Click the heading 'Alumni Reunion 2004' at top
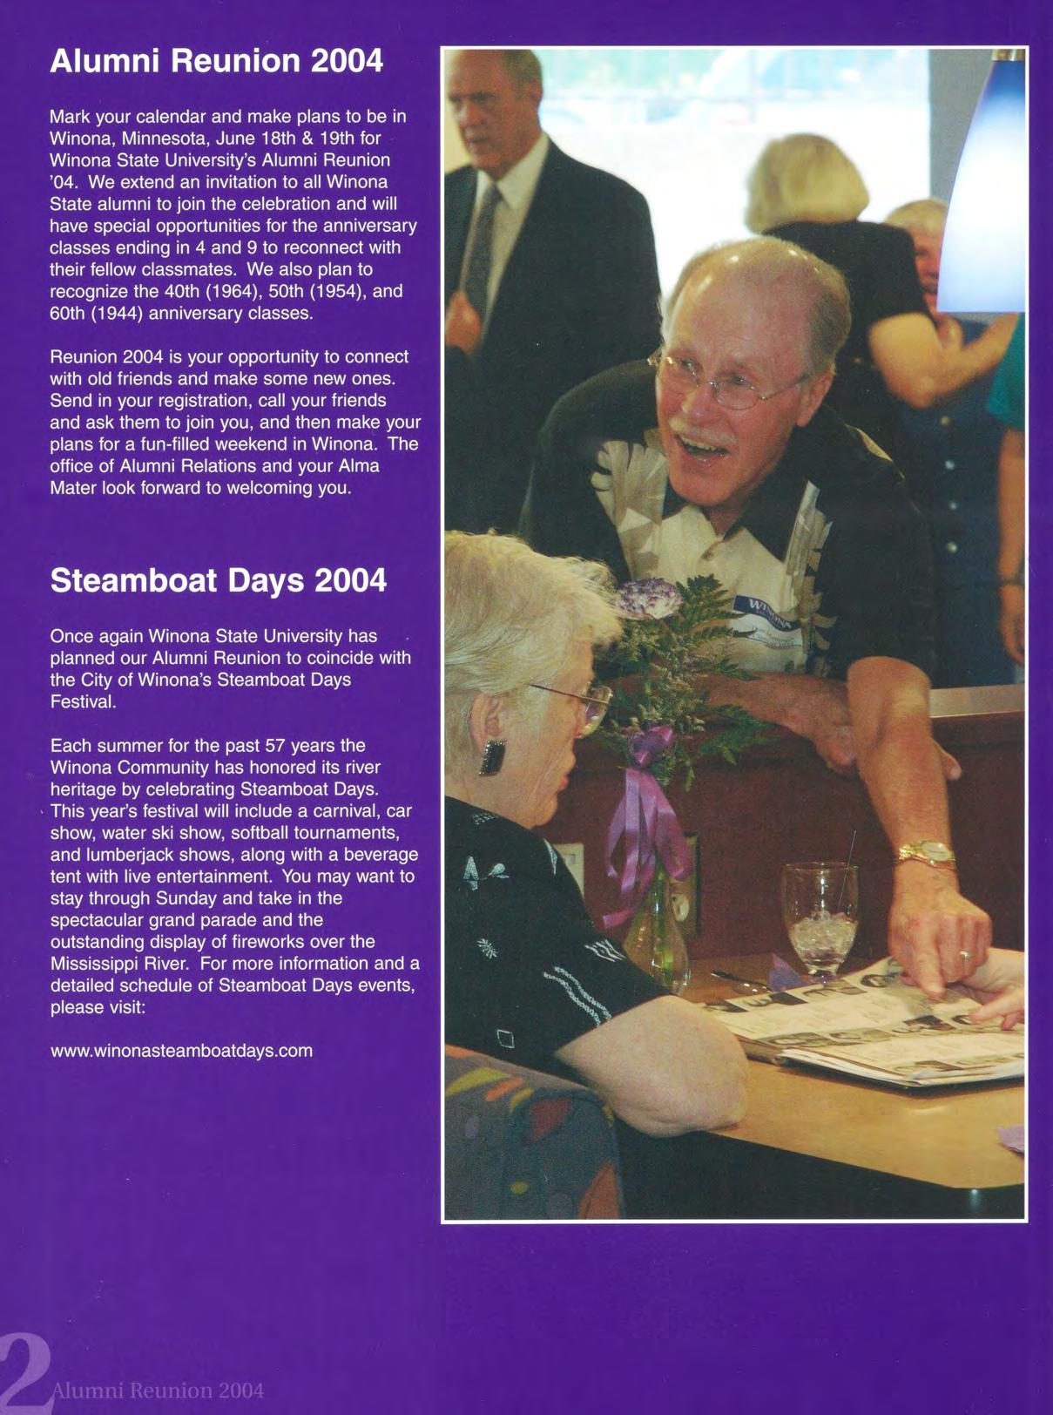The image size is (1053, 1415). tap(216, 62)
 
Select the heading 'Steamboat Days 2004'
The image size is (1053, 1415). tap(219, 580)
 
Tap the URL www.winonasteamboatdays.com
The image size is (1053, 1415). tap(181, 1051)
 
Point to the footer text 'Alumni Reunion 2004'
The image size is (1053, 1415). tap(158, 1390)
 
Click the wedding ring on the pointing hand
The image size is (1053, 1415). tap(964, 956)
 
